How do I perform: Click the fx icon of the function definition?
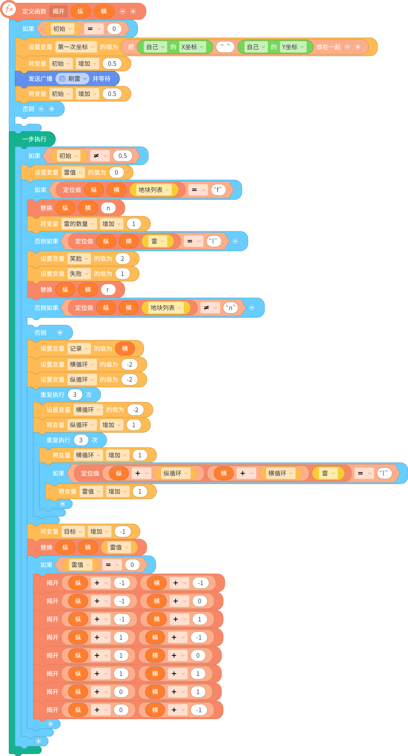9,9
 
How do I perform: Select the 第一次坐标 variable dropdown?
76,47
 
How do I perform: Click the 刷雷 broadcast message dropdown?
72,79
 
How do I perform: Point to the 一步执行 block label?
34,139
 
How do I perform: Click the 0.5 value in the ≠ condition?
122,156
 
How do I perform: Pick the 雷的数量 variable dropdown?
79,224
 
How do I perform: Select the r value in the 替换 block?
108,290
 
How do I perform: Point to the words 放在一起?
328,47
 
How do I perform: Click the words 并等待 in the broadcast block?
101,79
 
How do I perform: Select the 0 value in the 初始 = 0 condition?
114,29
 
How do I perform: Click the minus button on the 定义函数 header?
122,12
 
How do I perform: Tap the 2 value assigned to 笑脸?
122,259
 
